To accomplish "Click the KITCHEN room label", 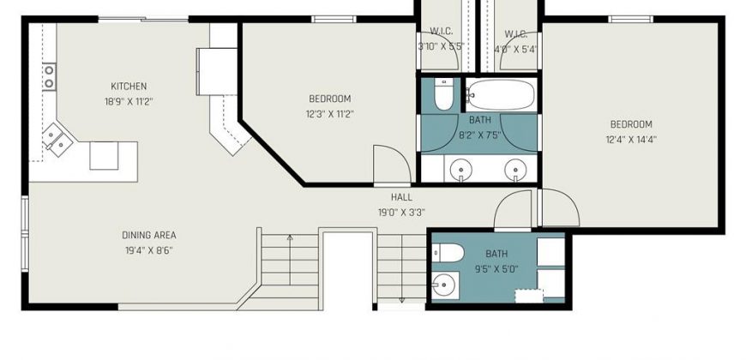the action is [x=129, y=86].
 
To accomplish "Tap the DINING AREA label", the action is [x=149, y=235].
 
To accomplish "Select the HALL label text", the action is [x=401, y=197].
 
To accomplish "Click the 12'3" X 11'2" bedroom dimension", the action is [x=330, y=114].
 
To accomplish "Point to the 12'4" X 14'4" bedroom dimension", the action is [x=631, y=140].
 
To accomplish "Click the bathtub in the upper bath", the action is [x=501, y=95].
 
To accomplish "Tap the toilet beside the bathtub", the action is [x=444, y=93].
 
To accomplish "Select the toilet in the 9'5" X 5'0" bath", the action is [x=448, y=253].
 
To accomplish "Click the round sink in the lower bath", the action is [x=444, y=285].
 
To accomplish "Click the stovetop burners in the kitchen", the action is [x=49, y=77].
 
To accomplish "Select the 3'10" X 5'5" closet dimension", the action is [x=441, y=46].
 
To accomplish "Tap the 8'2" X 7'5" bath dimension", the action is [x=480, y=135].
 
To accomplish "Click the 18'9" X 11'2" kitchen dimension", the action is [x=129, y=102].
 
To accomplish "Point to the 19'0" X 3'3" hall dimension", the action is [x=401, y=213].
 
